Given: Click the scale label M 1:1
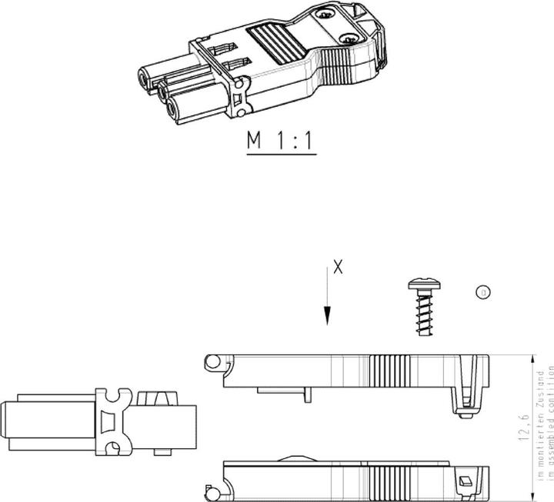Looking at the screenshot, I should [x=281, y=141].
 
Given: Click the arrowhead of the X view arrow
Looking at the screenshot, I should [x=328, y=316].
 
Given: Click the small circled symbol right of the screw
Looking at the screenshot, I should [x=483, y=292].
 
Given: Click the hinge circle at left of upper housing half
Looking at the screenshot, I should [x=212, y=361].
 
